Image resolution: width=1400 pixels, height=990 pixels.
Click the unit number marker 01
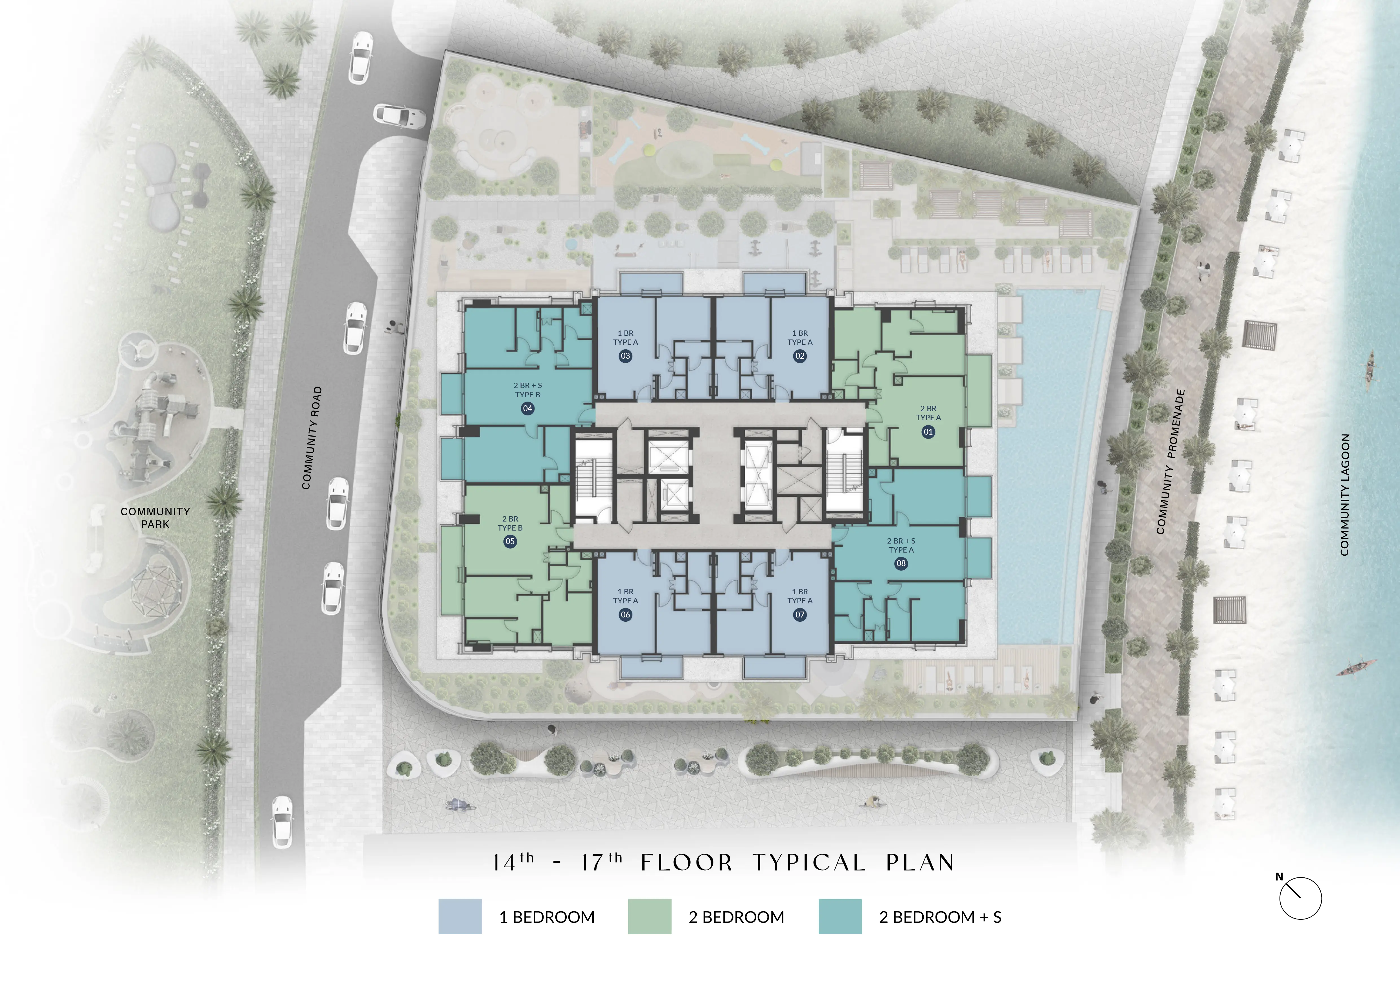tap(928, 432)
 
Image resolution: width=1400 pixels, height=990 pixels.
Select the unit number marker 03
tap(625, 356)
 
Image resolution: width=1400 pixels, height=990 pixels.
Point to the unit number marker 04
tap(527, 408)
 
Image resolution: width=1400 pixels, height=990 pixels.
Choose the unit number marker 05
tap(510, 541)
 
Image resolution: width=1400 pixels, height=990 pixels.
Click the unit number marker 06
tap(625, 614)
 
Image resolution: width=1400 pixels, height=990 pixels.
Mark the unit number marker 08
tap(901, 563)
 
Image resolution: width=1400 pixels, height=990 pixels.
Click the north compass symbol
tap(1300, 898)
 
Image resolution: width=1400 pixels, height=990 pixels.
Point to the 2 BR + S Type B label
tap(527, 390)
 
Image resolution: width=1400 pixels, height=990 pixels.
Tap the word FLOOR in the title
tap(686, 863)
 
